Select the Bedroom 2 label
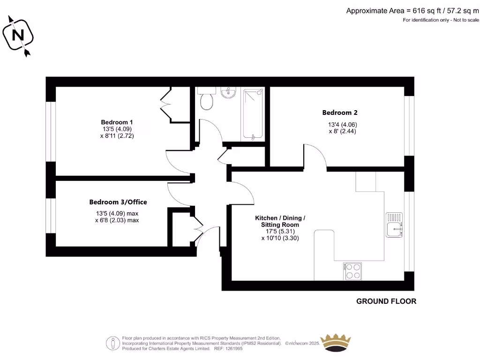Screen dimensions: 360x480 pos(340,112)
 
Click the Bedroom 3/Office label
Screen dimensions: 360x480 pos(118,202)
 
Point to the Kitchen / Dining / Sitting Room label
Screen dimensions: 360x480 pos(280,221)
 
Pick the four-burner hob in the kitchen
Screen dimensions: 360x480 pos(353,271)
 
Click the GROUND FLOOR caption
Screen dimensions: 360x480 pos(386,301)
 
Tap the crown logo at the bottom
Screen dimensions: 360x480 pos(335,343)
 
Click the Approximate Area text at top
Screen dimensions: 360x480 pos(412,10)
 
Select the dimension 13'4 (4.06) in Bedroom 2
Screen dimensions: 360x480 pos(343,125)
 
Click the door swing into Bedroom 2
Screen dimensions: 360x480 pos(315,155)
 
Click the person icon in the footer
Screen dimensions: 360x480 pos(112,343)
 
